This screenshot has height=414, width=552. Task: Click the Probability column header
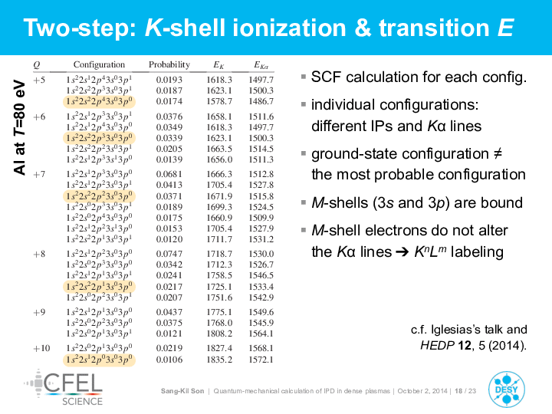[169, 64]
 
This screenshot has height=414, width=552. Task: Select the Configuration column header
[99, 64]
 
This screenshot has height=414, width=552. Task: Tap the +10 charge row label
[41, 349]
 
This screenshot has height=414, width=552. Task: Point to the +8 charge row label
[39, 255]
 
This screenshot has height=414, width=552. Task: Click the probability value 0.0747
[169, 254]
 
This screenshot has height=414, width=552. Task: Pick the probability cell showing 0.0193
[169, 80]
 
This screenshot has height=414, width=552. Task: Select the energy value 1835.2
[219, 360]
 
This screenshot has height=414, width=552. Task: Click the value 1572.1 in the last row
[261, 360]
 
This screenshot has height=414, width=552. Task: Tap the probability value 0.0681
[169, 174]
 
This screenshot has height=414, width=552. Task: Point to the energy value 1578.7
[219, 101]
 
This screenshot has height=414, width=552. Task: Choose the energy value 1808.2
[219, 333]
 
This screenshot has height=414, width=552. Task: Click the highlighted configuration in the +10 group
[99, 360]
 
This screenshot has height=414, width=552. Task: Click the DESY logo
[507, 389]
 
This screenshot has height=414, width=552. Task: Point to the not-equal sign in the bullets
[497, 154]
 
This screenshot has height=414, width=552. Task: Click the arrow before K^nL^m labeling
[402, 252]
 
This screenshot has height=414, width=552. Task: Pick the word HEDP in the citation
[437, 345]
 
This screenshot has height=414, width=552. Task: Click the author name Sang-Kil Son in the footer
[182, 391]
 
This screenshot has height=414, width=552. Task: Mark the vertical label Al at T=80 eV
[20, 127]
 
